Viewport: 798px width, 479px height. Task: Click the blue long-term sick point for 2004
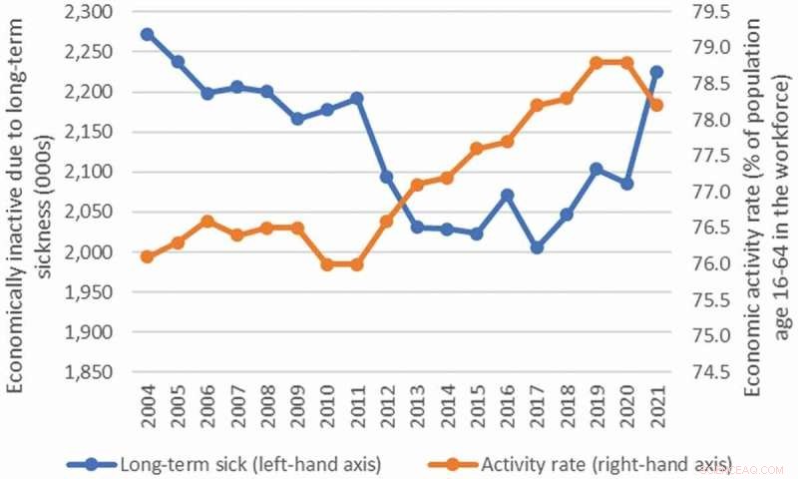(x=147, y=34)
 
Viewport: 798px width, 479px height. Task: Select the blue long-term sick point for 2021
(x=656, y=72)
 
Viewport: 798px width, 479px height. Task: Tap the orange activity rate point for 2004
(x=147, y=256)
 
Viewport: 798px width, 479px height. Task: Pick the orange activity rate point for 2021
(x=656, y=105)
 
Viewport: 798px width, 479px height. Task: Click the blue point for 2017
(x=537, y=247)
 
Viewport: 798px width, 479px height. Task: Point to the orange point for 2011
(x=356, y=264)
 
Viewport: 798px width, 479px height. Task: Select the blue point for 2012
(x=386, y=177)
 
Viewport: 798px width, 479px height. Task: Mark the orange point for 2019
(x=597, y=62)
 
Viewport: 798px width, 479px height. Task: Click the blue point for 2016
(x=507, y=195)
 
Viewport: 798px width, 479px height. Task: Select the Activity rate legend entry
(x=570, y=463)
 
